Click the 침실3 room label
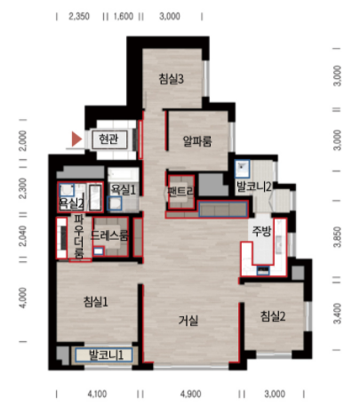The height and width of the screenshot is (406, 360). click(x=171, y=79)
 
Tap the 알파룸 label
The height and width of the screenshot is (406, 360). click(x=196, y=139)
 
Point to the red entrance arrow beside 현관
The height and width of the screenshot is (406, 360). click(x=77, y=139)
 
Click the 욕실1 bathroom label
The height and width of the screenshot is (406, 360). click(x=123, y=189)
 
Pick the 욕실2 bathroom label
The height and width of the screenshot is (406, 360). click(x=71, y=203)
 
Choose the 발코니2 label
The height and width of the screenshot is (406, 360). click(x=254, y=187)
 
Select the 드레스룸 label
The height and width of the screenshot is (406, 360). click(x=111, y=236)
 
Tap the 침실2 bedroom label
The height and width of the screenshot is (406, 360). click(x=273, y=316)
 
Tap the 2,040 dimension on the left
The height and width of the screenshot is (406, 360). click(x=23, y=236)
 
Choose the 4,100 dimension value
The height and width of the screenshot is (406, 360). click(x=98, y=393)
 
